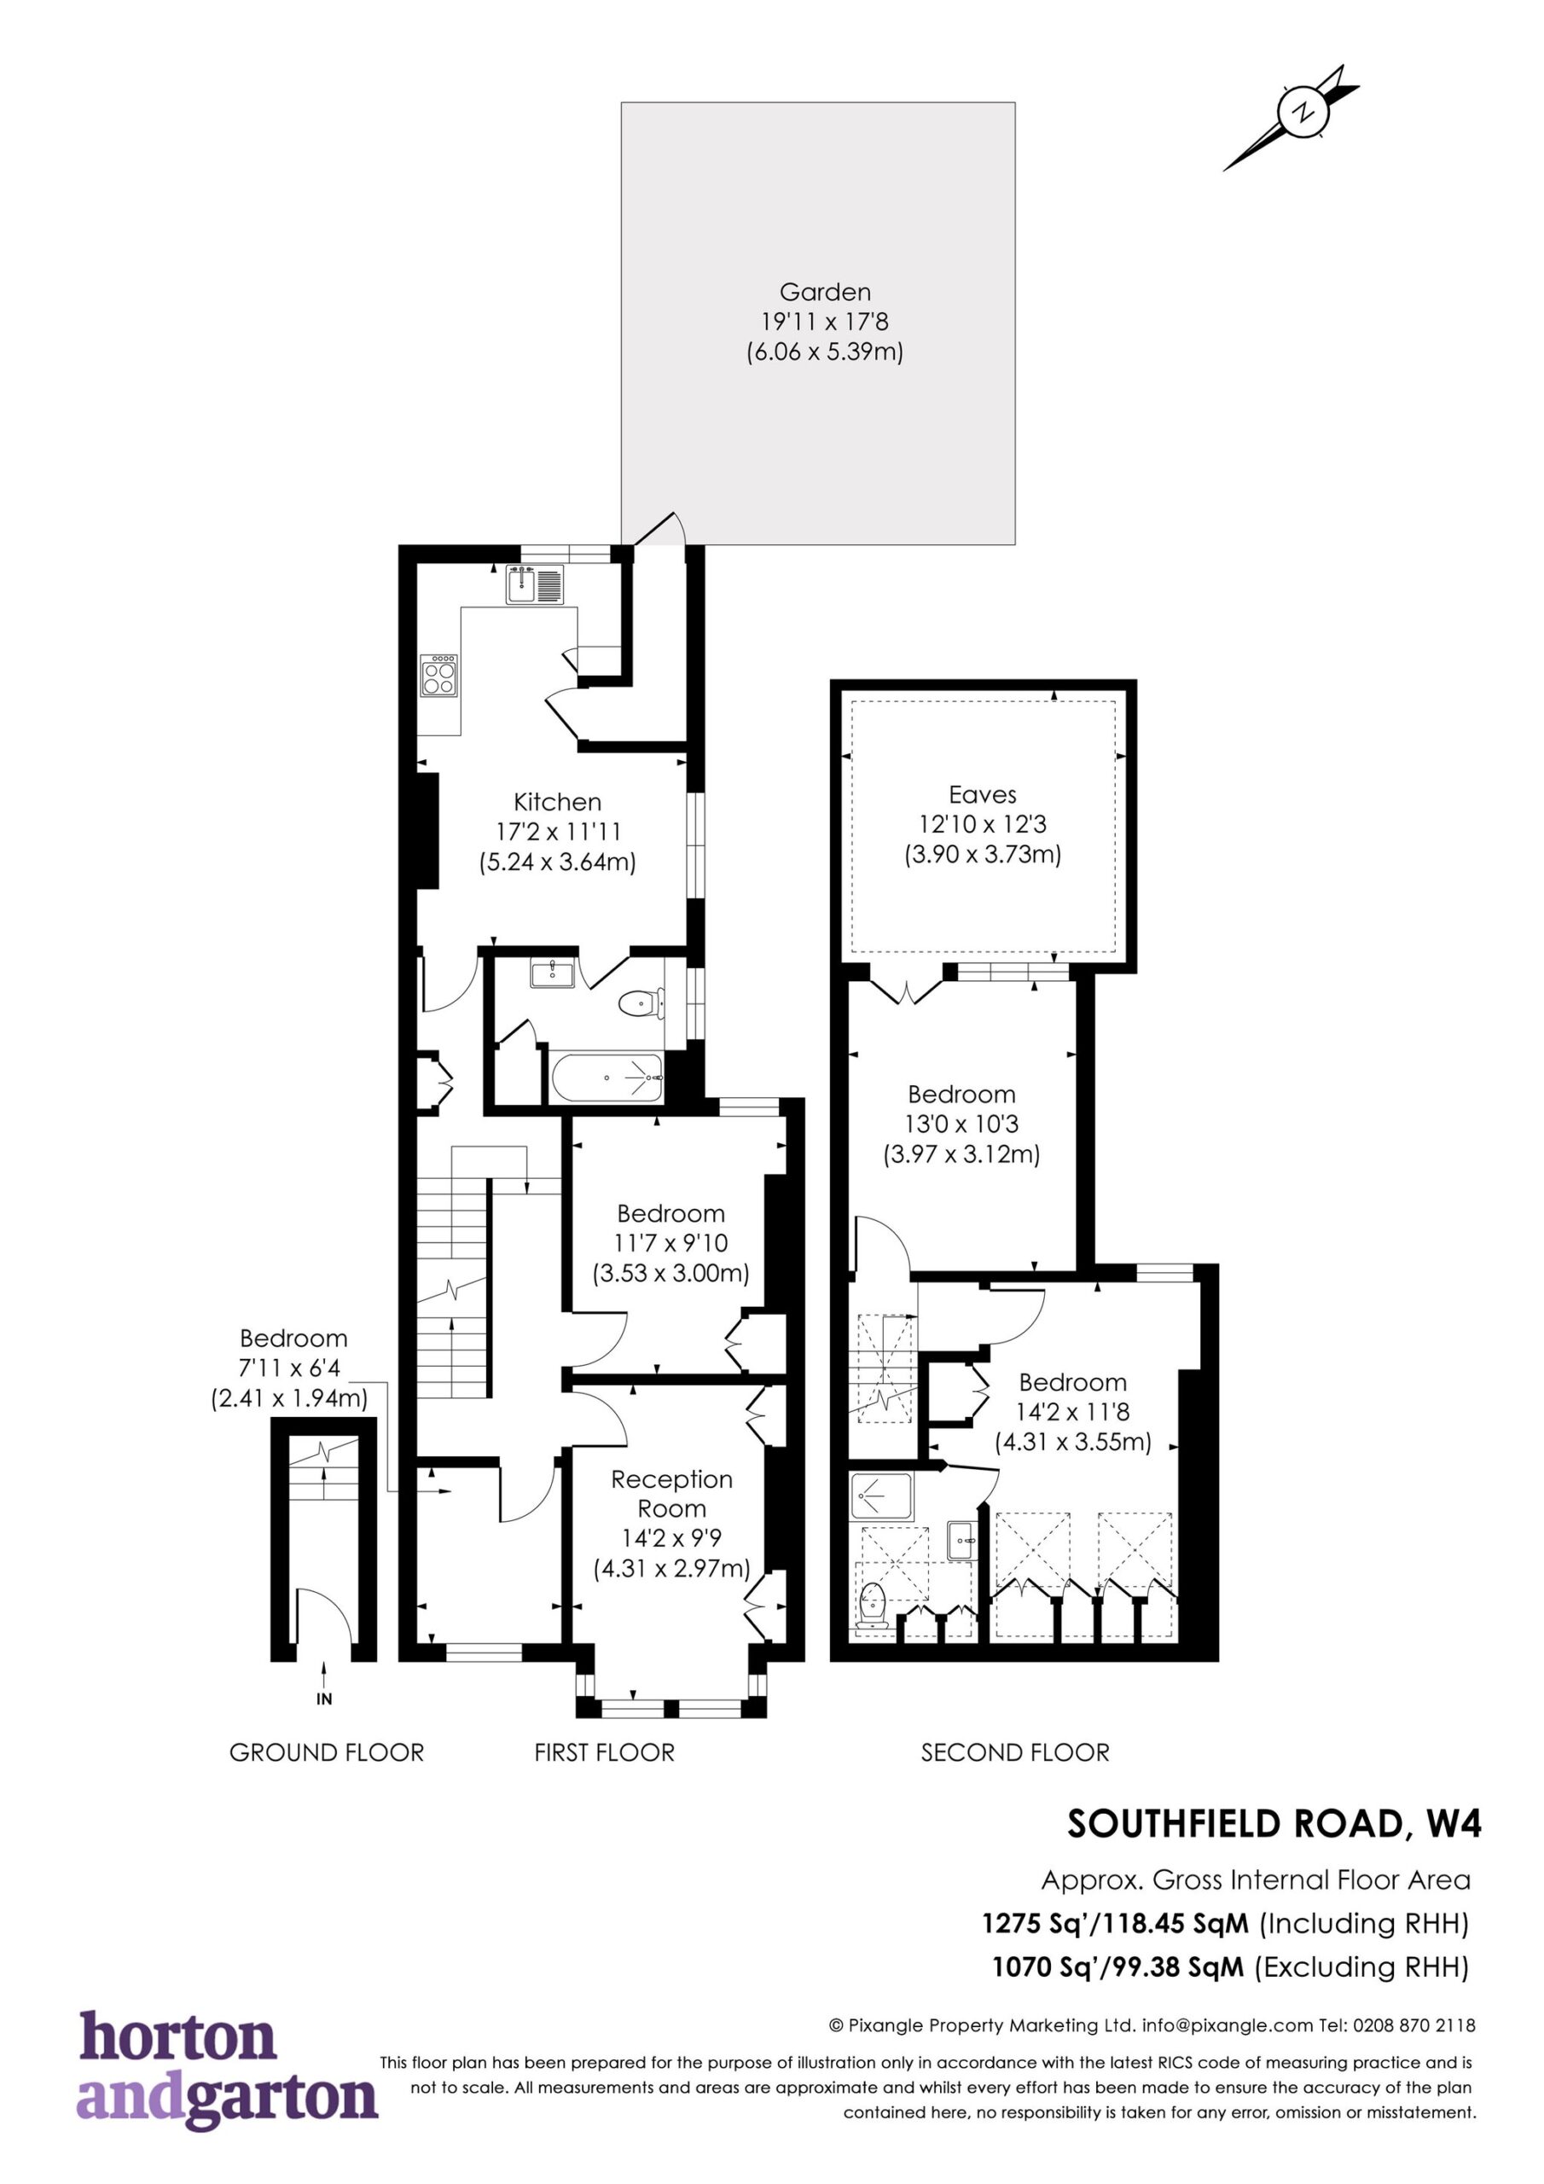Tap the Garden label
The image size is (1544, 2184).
click(825, 292)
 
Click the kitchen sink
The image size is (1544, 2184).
click(535, 584)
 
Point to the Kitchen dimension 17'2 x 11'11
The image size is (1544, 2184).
click(558, 833)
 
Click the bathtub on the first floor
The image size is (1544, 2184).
click(607, 1077)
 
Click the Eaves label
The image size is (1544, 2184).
click(983, 794)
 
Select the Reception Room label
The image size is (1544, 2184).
click(671, 1494)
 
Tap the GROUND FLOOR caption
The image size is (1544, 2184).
click(327, 1752)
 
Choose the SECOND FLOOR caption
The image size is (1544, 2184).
click(1015, 1752)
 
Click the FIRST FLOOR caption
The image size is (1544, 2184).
click(604, 1752)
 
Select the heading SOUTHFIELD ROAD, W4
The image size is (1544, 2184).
click(1274, 1825)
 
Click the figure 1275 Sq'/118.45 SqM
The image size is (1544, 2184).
click(1115, 1925)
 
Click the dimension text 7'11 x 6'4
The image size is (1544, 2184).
click(289, 1368)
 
